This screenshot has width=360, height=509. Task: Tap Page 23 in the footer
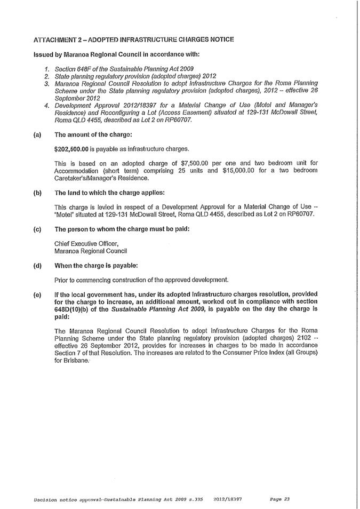point(279,499)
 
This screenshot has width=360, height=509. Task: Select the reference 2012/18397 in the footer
point(227,499)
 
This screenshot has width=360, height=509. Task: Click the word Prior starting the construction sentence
point(62,280)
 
